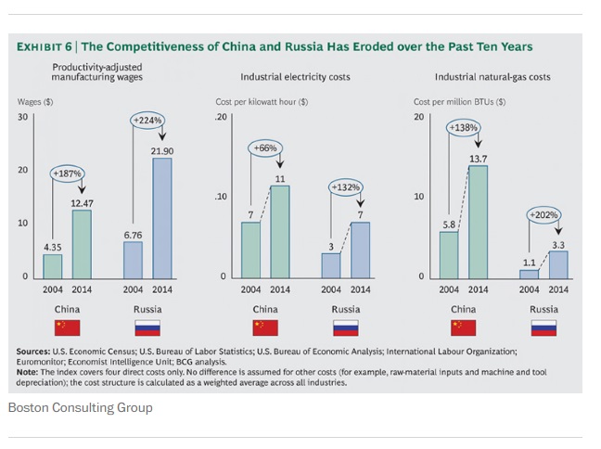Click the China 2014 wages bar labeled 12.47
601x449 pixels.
point(82,243)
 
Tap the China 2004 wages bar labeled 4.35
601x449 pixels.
point(53,265)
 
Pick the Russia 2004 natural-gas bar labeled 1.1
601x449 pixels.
point(529,274)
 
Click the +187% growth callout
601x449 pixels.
point(67,173)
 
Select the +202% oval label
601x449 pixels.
point(543,215)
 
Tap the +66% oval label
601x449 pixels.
point(264,148)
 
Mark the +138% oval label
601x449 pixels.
point(463,126)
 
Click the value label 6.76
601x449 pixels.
point(133,235)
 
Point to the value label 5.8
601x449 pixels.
point(448,224)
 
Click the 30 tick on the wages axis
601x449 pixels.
point(22,117)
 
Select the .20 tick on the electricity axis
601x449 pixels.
point(221,117)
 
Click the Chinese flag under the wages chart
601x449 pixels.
point(67,327)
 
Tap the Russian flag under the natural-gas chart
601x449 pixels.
point(543,327)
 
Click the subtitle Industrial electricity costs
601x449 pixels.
point(295,77)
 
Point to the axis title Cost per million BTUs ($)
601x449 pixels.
point(459,101)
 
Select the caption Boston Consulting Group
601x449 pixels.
point(80,407)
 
